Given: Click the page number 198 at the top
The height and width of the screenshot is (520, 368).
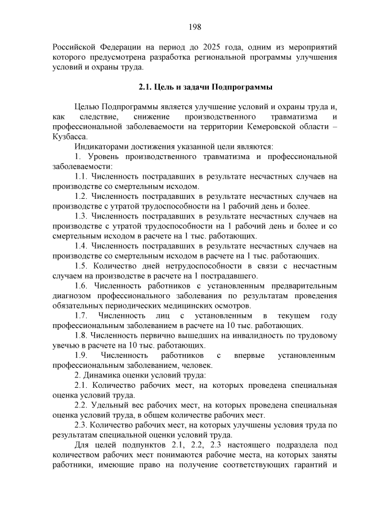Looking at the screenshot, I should click(x=194, y=26).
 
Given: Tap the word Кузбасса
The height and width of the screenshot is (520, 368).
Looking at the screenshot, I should click(x=70, y=136).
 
